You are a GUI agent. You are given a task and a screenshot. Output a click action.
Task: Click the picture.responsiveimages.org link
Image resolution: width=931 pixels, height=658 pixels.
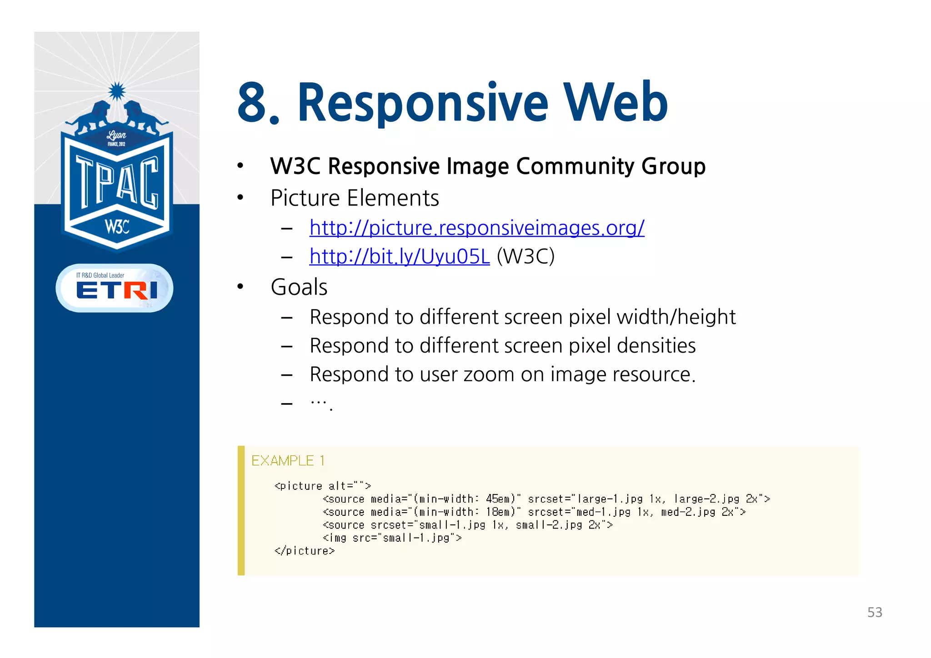476,228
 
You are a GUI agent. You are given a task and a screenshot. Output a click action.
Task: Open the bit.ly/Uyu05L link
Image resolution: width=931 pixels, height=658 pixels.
399,257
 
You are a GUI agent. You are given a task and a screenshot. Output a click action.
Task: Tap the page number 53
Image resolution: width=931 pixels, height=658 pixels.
874,613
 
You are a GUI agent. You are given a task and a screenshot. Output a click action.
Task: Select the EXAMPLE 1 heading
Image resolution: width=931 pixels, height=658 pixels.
288,461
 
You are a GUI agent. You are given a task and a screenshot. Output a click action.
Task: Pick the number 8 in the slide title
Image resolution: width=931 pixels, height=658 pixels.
253,104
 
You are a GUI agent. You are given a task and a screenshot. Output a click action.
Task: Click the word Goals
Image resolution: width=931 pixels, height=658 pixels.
299,287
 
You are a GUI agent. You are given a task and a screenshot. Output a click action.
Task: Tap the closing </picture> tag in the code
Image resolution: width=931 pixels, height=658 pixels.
305,551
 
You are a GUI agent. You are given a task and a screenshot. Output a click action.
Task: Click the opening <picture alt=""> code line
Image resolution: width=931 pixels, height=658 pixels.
323,486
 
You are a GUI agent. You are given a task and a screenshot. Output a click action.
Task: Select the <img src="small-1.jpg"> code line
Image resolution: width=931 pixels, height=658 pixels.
392,538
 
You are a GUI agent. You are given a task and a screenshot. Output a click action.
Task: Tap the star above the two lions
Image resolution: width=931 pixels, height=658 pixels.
117,91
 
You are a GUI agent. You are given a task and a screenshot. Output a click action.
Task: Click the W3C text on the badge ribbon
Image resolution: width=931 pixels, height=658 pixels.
117,226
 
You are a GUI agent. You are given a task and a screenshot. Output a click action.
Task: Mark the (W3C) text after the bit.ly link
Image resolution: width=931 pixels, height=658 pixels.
526,257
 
